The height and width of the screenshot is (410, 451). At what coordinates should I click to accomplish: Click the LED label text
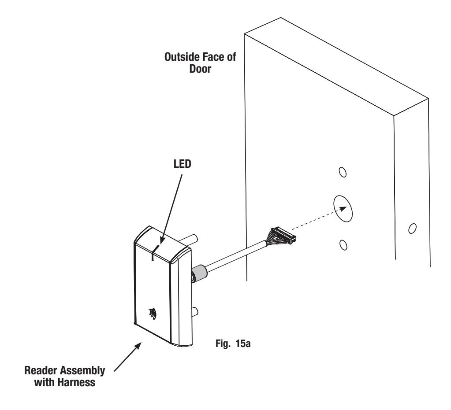pos(183,164)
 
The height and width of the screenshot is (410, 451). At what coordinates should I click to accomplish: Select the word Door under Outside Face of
pos(200,69)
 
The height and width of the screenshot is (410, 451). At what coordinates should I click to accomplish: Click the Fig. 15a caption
pos(233,344)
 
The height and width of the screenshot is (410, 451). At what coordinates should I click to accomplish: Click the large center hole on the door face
pos(343,209)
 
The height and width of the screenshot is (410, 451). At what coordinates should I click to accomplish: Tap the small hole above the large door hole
pos(343,172)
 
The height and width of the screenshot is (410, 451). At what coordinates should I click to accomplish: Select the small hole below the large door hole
pos(343,245)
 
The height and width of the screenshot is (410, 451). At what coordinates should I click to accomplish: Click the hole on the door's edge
pos(412,228)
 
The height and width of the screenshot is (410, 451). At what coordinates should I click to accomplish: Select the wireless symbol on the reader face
pos(153,314)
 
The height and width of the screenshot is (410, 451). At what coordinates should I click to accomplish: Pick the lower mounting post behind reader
pos(194,312)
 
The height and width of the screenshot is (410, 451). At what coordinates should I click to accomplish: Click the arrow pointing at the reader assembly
pos(128,357)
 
